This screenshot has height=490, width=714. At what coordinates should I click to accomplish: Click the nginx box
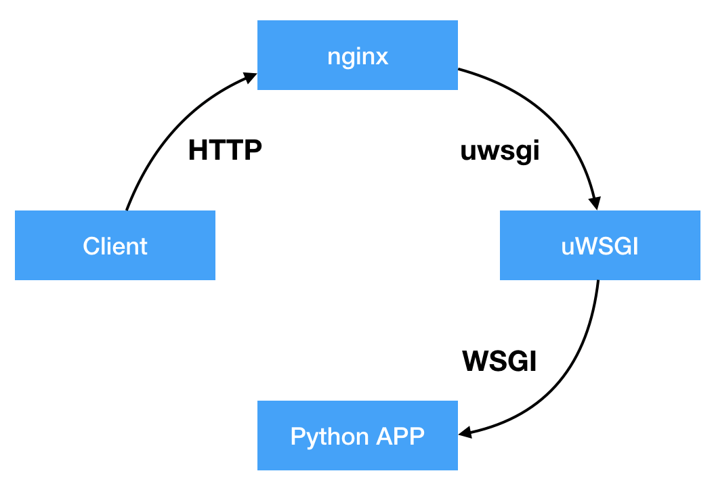pos(357,55)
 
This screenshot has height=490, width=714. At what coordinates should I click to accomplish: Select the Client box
pos(115,245)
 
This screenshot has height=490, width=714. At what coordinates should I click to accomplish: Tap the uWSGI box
pos(600,245)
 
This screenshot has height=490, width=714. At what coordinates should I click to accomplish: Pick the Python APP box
pos(357,435)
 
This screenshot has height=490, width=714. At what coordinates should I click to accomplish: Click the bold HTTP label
pos(225,150)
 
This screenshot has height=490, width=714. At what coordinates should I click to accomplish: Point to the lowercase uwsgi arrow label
pos(500,150)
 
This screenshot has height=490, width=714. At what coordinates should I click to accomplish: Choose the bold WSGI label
pos(500,361)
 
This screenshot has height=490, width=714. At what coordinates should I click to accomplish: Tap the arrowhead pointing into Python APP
pos(465,432)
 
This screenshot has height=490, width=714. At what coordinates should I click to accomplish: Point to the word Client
pos(115,245)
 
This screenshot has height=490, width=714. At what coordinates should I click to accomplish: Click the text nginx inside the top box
pos(357,55)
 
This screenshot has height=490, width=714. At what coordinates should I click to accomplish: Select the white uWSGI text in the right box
pos(600,246)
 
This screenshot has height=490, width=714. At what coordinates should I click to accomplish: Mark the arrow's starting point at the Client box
pos(127,210)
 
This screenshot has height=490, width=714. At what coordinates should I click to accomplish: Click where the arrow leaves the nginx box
pos(459,68)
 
